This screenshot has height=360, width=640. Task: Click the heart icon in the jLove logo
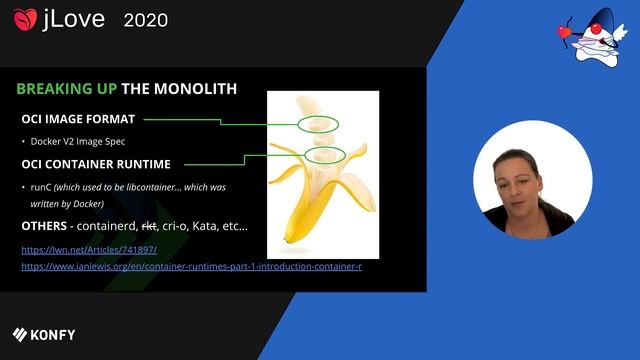pos(25,20)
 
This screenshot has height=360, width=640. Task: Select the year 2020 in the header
pos(145,20)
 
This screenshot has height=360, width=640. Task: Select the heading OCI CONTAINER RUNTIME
pos(96,164)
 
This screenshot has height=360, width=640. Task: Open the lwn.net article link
pos(89,249)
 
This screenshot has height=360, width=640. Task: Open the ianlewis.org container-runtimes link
pos(191,267)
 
